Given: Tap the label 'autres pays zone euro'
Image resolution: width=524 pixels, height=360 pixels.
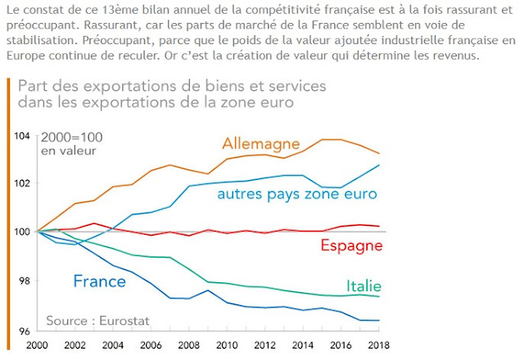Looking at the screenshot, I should [296, 194].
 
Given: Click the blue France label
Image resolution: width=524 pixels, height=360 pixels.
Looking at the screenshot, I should [99, 281].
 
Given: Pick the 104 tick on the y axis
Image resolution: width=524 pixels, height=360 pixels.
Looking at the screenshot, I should [24, 134].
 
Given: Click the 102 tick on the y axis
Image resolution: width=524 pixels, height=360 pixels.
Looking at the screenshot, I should [24, 183].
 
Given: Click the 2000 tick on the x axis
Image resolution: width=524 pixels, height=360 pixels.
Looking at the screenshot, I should [36, 345].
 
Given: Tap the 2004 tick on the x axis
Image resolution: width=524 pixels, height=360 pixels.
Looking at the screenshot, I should [113, 345].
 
